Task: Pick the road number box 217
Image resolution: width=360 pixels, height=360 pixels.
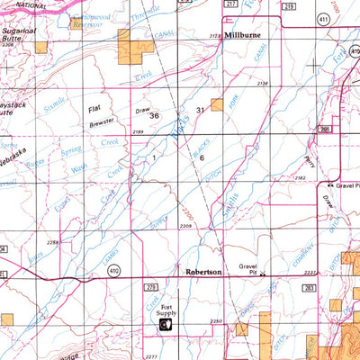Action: click(230, 5)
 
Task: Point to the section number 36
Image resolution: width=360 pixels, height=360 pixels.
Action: click(154, 115)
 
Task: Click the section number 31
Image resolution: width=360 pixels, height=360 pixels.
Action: click(201, 110)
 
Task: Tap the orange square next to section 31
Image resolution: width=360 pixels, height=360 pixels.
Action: click(216, 104)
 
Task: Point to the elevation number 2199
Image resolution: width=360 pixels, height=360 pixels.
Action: click(138, 133)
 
